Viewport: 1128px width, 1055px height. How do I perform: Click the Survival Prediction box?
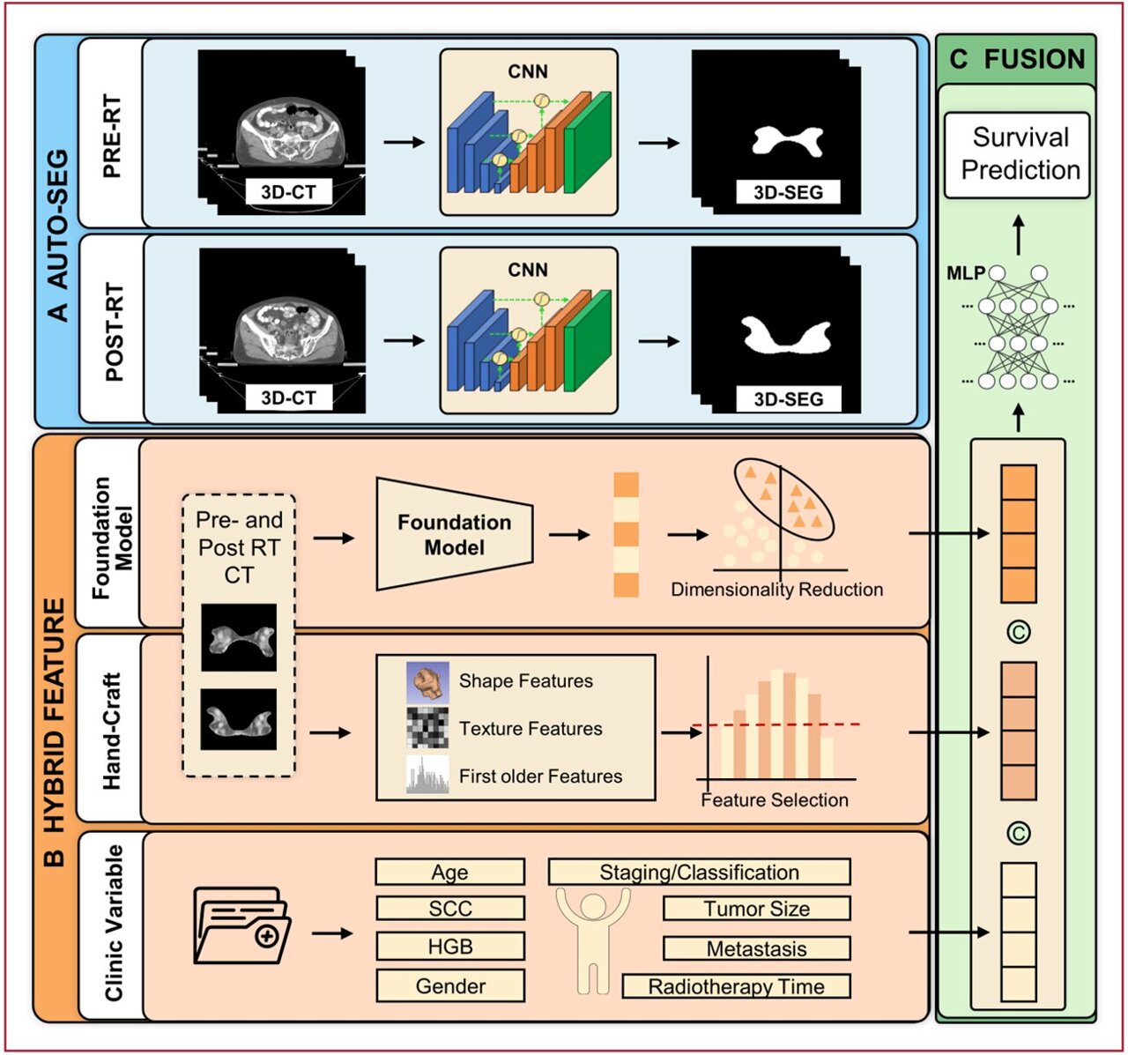pos(1017,154)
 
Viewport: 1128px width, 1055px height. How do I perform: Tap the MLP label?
pos(965,273)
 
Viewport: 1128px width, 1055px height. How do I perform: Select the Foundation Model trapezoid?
pos(454,534)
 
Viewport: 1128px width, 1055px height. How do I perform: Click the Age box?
pos(449,873)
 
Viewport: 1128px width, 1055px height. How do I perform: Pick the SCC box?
pos(449,909)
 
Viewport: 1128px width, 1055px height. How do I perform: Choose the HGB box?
pos(449,947)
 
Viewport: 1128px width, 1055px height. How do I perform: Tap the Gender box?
pos(449,985)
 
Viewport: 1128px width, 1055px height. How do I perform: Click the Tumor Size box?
pos(756,909)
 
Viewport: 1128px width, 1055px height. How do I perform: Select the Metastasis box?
pos(756,949)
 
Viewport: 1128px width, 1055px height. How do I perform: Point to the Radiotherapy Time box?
pos(736,986)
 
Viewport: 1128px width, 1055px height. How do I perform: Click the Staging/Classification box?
pos(699,873)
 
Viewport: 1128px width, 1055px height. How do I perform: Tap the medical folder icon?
pos(237,925)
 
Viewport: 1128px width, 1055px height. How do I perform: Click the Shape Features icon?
pos(427,681)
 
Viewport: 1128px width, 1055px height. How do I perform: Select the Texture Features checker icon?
pos(427,728)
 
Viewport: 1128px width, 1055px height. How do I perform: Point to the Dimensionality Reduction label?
pos(776,590)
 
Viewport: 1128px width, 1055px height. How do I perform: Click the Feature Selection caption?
pos(774,800)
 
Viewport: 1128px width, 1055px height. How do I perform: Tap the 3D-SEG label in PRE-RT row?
pos(788,192)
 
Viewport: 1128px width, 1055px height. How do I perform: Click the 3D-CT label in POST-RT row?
pos(288,398)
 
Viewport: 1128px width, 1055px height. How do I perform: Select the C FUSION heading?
pos(1017,59)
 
